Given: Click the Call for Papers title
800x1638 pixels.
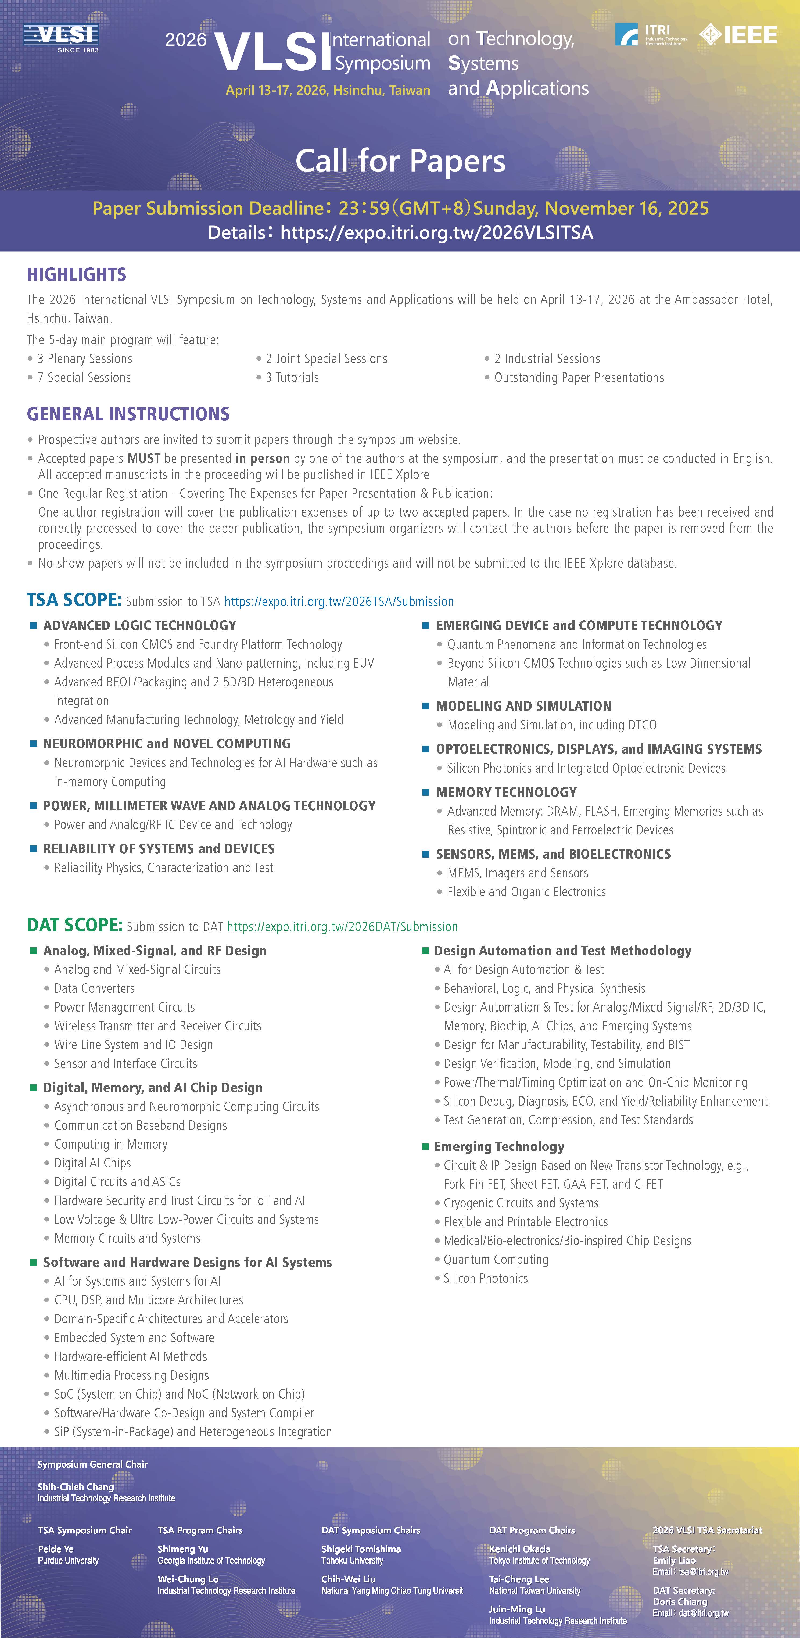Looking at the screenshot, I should click(x=400, y=161).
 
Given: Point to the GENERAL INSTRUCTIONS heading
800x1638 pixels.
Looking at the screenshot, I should click(x=128, y=414).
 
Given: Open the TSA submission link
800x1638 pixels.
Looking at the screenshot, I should click(x=339, y=601).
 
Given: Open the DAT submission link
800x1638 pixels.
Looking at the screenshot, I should click(x=342, y=926).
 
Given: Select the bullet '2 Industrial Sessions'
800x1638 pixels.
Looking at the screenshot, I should click(x=547, y=359).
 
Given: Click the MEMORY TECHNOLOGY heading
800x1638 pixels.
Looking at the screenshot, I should click(x=506, y=792).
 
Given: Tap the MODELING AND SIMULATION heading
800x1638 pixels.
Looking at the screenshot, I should click(x=523, y=706).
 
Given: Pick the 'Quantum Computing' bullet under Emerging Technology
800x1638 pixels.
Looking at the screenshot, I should click(x=496, y=1260).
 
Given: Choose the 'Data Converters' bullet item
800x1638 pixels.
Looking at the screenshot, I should click(x=94, y=988).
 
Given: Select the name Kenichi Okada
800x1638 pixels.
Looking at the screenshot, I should click(x=519, y=1549).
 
